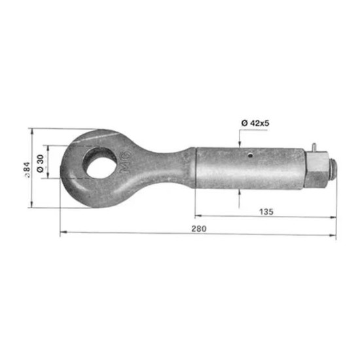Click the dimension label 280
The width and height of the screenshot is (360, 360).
(199, 228)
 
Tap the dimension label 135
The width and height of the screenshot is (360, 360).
(266, 211)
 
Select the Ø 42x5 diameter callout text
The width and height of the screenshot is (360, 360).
(255, 123)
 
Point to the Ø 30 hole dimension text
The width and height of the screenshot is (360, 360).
(40, 164)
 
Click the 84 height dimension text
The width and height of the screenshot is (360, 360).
(27, 170)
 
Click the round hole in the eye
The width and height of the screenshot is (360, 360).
(100, 163)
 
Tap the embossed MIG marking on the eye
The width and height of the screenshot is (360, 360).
(126, 162)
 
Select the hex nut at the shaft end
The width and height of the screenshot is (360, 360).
(317, 170)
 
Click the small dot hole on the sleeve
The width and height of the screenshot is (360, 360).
(251, 155)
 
